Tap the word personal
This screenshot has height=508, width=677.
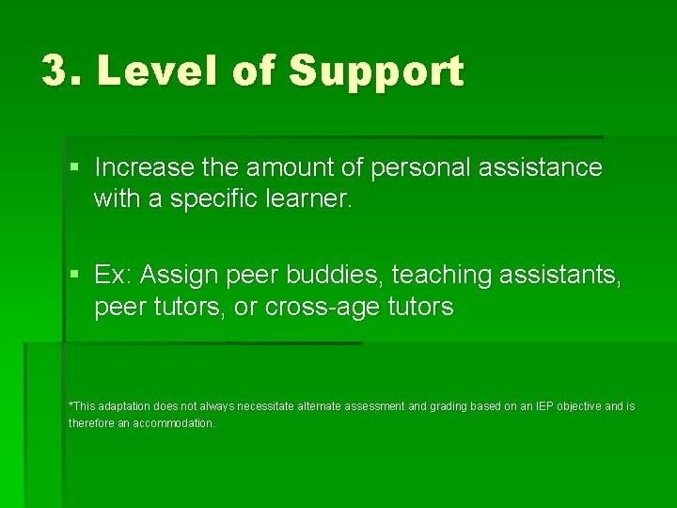click(420, 168)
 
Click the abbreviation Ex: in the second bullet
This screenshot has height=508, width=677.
click(113, 275)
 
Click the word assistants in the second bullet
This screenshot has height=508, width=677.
click(561, 275)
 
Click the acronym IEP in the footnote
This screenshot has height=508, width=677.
click(545, 406)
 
